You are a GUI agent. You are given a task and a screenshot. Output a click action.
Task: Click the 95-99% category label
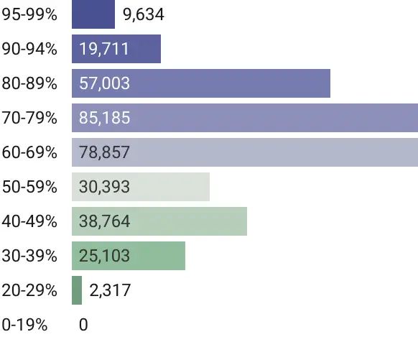tap(29, 14)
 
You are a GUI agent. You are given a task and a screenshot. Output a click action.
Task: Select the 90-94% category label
tap(29, 49)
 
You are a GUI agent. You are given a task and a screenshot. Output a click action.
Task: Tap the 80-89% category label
tap(29, 83)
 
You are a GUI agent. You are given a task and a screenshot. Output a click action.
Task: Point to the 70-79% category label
tap(29, 118)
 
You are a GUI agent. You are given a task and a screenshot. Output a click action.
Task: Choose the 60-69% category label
tap(29, 152)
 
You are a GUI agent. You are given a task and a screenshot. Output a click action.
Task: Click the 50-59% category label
tap(29, 187)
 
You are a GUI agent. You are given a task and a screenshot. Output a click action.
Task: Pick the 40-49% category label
tap(29, 221)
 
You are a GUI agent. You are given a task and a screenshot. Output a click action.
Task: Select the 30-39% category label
tap(29, 256)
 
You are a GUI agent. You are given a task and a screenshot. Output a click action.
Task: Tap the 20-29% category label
tap(29, 290)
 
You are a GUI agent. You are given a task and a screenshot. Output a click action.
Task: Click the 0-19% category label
tap(25, 325)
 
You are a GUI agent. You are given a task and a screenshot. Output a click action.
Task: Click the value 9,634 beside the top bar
tap(144, 14)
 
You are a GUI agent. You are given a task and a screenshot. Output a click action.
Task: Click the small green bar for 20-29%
tap(77, 290)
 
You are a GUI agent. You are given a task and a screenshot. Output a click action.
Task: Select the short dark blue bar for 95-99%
tap(93, 14)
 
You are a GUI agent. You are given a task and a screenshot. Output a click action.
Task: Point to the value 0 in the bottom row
tap(83, 325)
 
